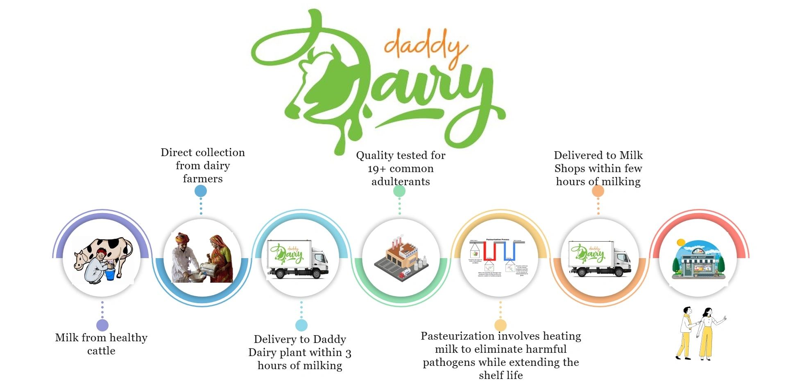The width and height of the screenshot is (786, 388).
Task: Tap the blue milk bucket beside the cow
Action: coord(110,273)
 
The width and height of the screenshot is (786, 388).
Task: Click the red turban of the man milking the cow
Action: coord(101,252)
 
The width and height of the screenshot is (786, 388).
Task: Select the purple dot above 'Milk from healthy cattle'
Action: coord(102,325)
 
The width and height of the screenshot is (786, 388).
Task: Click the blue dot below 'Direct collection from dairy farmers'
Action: coord(201,191)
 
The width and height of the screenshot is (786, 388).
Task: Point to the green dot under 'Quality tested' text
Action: coord(399,191)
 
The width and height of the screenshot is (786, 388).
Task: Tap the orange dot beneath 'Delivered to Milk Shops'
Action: coord(598,191)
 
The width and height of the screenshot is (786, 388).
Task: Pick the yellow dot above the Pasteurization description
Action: coord(500,325)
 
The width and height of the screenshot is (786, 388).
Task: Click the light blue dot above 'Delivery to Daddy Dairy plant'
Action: coord(301,325)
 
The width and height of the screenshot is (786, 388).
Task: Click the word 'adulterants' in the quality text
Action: coord(401,182)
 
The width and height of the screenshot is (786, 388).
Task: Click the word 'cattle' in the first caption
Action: coord(101,351)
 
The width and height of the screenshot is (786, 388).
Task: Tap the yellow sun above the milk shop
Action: coord(681,243)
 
